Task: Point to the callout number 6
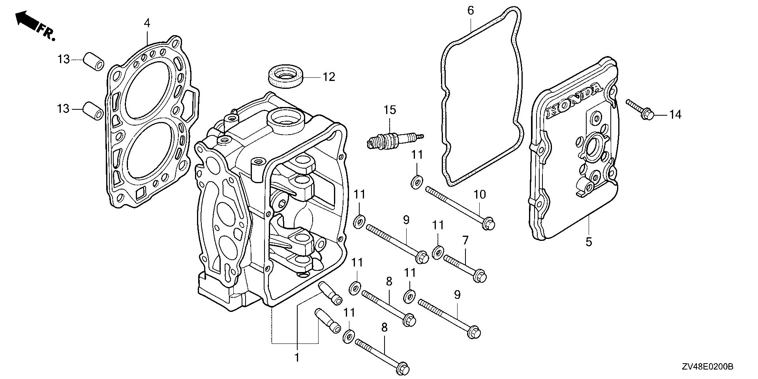[470, 11]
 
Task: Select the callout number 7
[465, 240]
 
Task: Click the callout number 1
[297, 358]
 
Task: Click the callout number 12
[328, 77]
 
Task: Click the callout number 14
[675, 115]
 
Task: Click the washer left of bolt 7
[437, 252]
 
